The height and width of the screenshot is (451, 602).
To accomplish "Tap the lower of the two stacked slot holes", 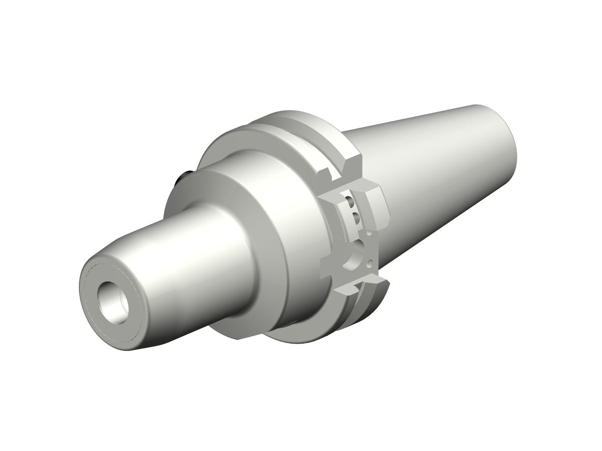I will coord(356,217).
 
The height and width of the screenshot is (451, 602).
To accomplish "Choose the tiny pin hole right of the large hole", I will coord(371,263).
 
